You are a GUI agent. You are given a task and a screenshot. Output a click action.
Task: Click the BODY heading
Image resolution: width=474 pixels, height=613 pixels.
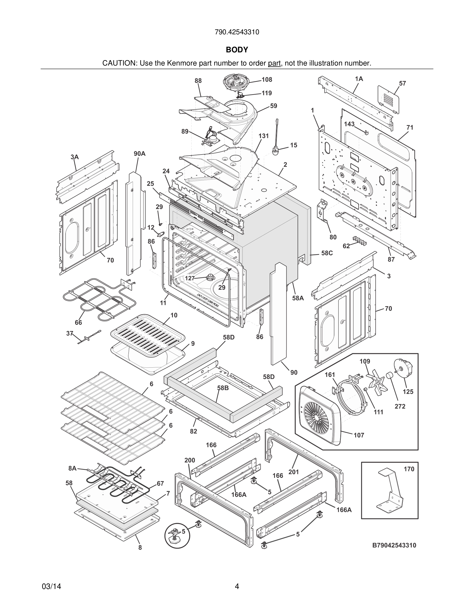coord(237,50)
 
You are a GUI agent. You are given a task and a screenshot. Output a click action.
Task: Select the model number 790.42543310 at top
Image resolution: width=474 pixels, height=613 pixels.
coord(237,32)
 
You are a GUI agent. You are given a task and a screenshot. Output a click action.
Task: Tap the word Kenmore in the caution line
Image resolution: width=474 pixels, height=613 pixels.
coord(182,63)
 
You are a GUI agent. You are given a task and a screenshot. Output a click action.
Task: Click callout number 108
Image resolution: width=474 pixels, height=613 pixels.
coord(267,80)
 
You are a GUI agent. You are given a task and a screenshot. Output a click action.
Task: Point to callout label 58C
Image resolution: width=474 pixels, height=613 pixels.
coord(327,253)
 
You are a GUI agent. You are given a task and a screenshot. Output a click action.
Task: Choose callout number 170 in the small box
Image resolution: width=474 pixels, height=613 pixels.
coord(409,469)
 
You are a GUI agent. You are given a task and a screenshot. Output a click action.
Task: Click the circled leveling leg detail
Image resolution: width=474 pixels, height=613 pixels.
coord(177,536)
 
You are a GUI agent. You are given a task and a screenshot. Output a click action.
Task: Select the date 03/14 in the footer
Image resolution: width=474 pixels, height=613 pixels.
coord(51,587)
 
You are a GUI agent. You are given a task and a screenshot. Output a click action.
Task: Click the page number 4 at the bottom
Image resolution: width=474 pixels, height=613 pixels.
coord(237,587)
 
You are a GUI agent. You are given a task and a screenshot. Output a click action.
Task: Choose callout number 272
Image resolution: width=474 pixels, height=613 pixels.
coord(400,406)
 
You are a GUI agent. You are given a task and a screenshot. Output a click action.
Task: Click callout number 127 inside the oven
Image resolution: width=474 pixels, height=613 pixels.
coord(190,278)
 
